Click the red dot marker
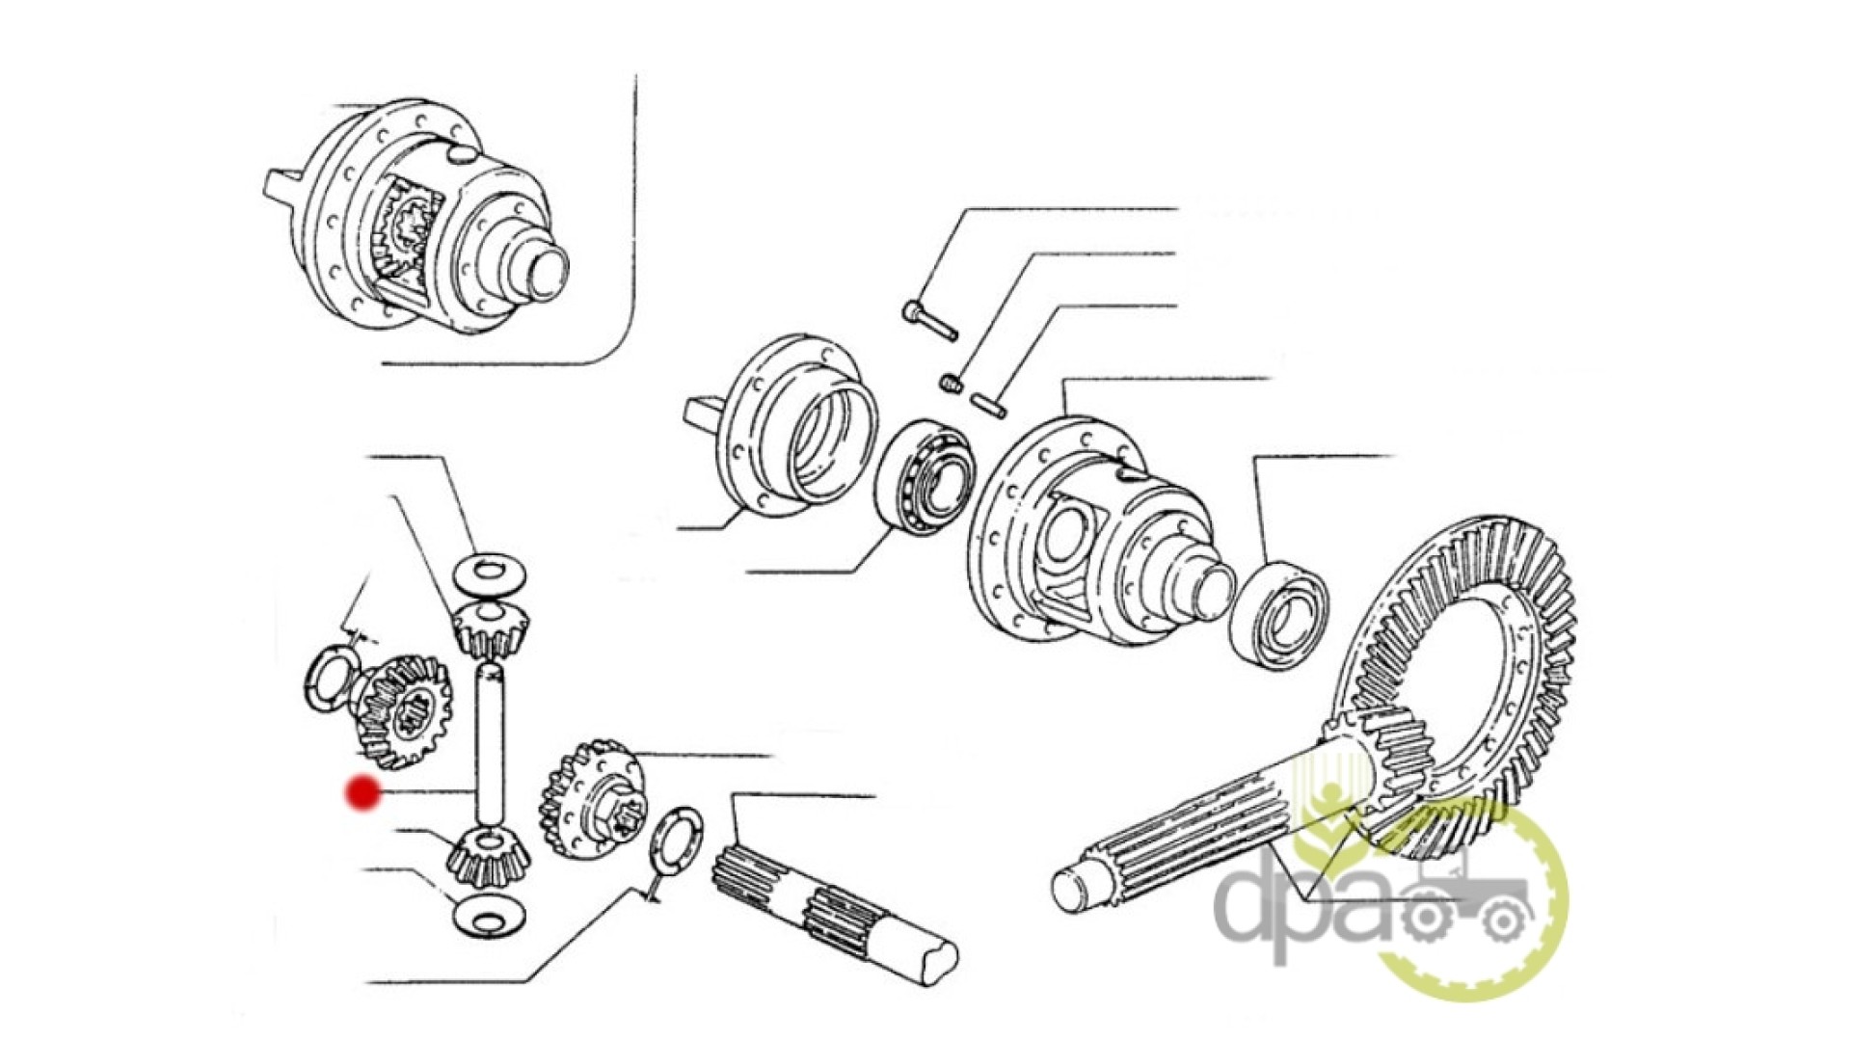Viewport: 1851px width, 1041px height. point(363,793)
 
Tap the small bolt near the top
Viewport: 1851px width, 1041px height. point(929,321)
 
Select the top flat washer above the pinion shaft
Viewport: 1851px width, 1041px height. point(489,574)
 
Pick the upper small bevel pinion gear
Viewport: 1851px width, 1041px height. point(490,628)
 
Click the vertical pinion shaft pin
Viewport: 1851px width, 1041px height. point(490,742)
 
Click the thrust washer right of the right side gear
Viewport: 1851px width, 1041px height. point(676,840)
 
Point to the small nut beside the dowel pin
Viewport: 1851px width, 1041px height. point(952,384)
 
